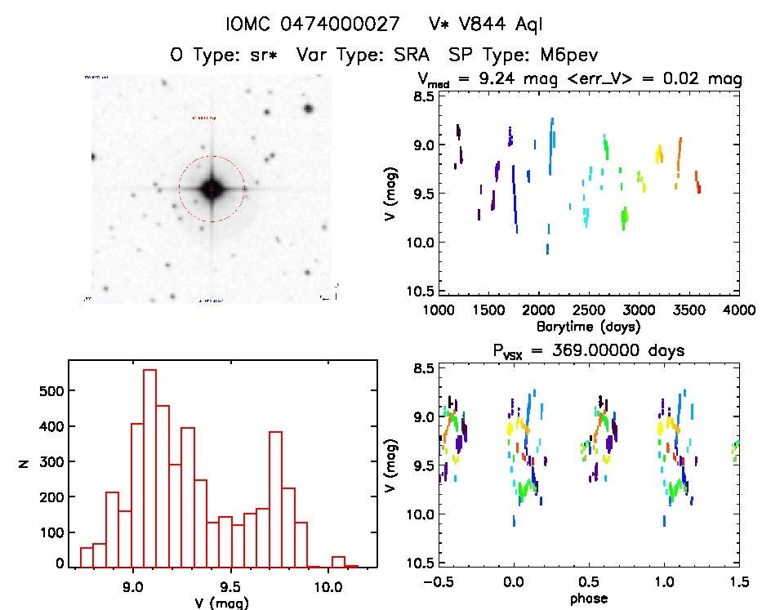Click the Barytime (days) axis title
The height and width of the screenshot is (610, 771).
(x=589, y=326)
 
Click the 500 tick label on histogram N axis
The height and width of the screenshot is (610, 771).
(x=50, y=392)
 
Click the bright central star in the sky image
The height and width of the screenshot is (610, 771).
(x=211, y=189)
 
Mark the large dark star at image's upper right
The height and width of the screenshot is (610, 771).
(x=309, y=109)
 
